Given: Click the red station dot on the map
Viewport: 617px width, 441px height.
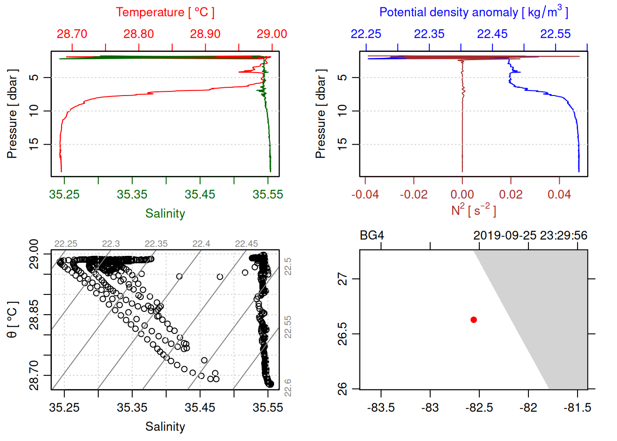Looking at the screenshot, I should (474, 320).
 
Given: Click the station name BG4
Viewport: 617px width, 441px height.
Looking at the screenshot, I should (372, 236).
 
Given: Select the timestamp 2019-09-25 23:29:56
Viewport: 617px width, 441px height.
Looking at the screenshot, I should (530, 236).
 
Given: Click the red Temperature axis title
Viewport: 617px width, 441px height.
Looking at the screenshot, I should (165, 12).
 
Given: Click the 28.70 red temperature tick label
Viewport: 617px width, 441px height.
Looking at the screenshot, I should (72, 34).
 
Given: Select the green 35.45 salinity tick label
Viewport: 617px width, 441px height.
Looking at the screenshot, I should (200, 194).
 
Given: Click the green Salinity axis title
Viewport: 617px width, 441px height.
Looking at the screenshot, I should (165, 214).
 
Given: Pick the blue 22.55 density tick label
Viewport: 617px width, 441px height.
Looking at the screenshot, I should (555, 34).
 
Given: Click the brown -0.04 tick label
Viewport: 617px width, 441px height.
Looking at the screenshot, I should (365, 194).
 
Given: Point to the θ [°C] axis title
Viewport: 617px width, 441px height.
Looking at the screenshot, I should (12, 320).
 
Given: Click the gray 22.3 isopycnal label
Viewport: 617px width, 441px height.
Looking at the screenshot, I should (111, 244).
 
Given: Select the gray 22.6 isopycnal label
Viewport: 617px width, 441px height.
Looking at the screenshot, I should (288, 387).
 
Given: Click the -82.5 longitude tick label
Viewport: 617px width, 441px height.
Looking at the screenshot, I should (479, 407).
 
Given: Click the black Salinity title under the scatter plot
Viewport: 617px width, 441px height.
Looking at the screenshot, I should (165, 427).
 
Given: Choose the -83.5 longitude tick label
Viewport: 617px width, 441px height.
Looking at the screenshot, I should (381, 407).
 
